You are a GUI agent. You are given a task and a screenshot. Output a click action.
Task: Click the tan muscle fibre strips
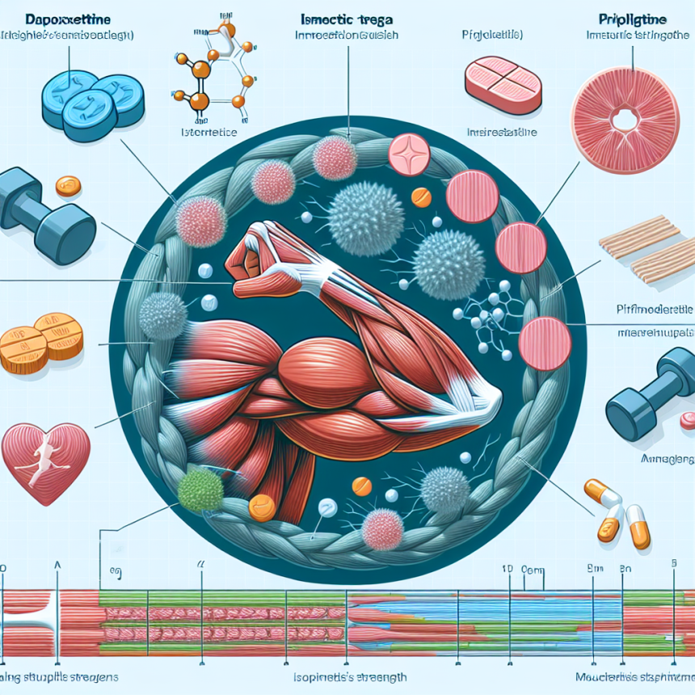pos(647,246)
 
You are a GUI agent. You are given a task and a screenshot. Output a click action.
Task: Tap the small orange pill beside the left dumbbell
pos(69,185)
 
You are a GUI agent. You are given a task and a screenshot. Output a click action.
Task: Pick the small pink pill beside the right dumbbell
pos(686,419)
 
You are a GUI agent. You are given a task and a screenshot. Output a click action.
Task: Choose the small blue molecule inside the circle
pos(489,318)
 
